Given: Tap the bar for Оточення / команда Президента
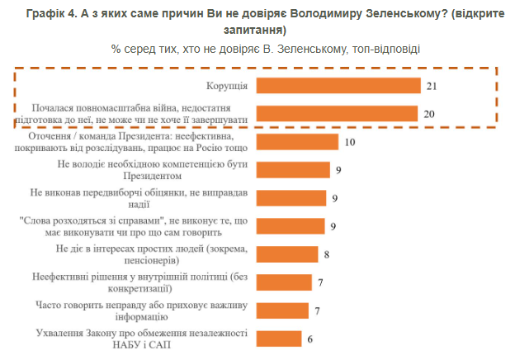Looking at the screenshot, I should pos(297,142).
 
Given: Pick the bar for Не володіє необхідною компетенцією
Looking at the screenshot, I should pos(293,170).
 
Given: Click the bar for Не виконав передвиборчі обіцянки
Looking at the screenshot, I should pos(293,198).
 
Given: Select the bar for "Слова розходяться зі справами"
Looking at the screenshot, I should pos(293,226).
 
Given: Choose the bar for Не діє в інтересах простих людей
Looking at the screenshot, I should pos(289,254).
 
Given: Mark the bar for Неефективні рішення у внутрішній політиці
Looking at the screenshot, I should pos(286,282).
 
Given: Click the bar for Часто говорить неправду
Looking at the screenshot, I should pos(286,310).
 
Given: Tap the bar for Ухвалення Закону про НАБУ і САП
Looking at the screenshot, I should pos(281,339).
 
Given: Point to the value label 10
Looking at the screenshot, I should pos(349,142).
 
